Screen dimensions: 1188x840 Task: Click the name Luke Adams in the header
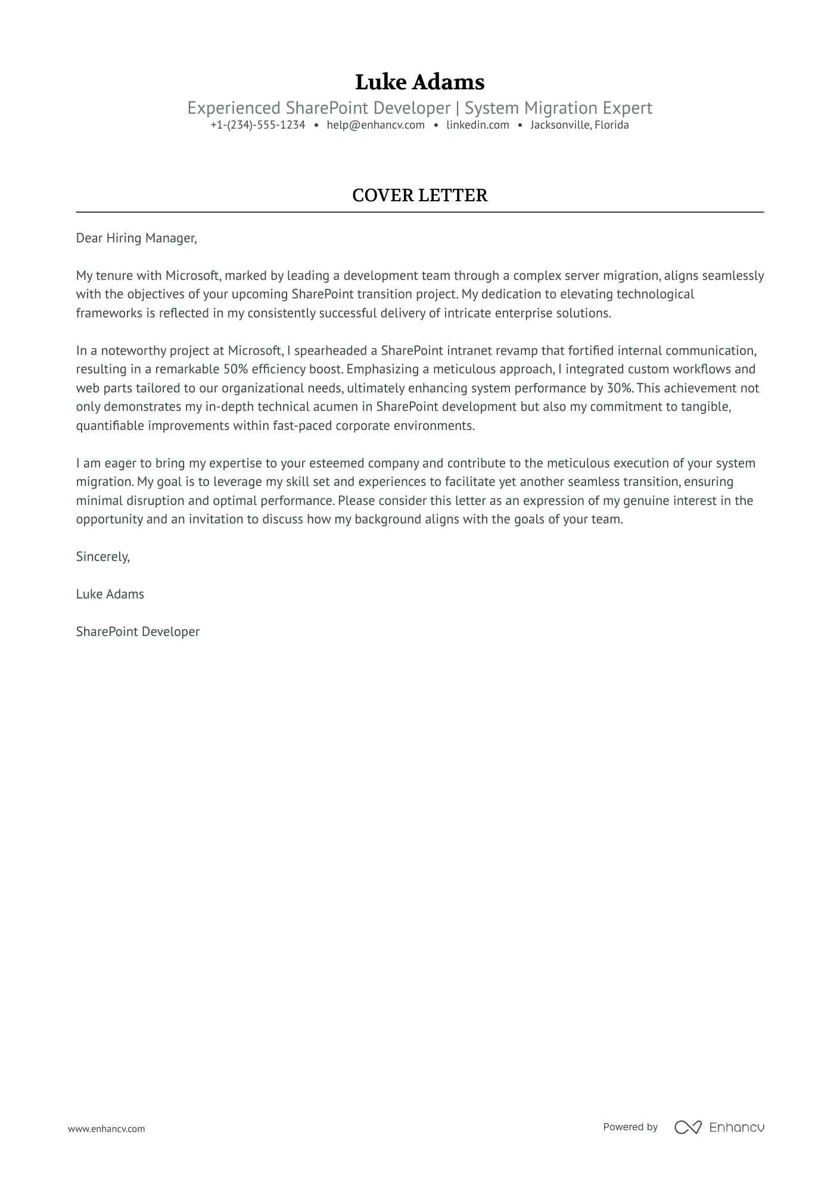pos(419,82)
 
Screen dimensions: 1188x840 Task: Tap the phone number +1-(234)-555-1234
pos(257,125)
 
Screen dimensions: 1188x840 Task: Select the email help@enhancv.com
pos(375,125)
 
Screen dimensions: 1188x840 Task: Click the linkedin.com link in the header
pos(477,125)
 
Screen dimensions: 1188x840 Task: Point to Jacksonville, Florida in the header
pos(579,125)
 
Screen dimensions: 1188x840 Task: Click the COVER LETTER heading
pos(419,195)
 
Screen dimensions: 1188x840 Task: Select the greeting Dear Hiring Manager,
pos(136,238)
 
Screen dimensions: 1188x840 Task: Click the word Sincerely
pos(102,557)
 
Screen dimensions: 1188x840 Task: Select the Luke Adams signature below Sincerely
pos(110,594)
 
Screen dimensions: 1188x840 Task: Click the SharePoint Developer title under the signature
pos(138,632)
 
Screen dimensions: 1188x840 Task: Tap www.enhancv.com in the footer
pos(106,1128)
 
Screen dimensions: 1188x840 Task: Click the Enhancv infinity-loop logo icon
pos(687,1127)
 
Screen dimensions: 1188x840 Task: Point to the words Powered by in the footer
pos(630,1127)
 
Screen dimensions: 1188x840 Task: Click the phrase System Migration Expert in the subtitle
pos(558,108)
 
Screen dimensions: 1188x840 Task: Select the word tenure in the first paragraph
pos(113,276)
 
